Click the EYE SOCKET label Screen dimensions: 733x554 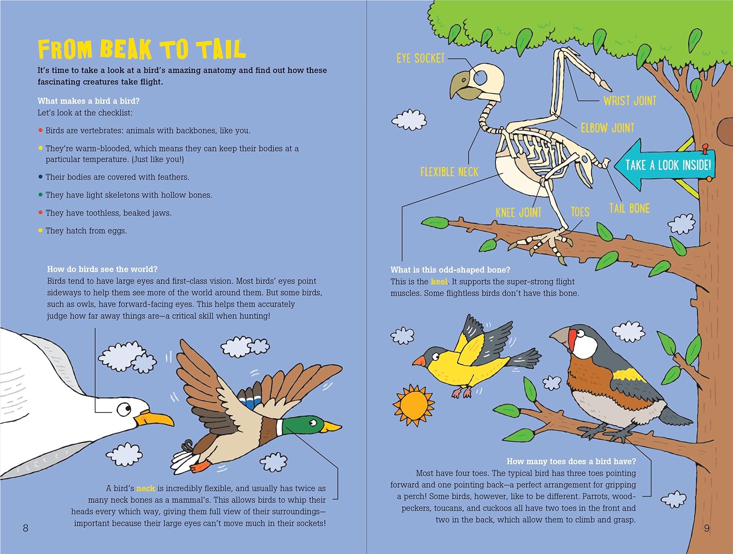[x=420, y=59]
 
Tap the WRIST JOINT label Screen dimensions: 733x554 [x=630, y=101]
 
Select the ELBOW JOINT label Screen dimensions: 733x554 [x=607, y=128]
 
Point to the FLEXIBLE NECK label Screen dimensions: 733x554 [x=449, y=172]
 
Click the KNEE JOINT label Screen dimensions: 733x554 [x=518, y=212]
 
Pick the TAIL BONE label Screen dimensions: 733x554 [x=629, y=208]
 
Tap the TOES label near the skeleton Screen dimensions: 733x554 [x=580, y=212]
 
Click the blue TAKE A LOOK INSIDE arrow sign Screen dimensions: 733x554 [x=665, y=165]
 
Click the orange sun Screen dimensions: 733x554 [x=414, y=405]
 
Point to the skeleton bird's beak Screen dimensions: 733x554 [x=462, y=86]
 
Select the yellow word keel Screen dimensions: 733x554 [x=439, y=282]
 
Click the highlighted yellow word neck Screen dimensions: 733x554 [x=146, y=488]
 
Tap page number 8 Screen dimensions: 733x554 [x=25, y=528]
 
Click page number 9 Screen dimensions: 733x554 [x=707, y=528]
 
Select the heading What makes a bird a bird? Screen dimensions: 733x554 [x=88, y=101]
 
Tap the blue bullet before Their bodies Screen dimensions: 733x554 [x=41, y=177]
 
